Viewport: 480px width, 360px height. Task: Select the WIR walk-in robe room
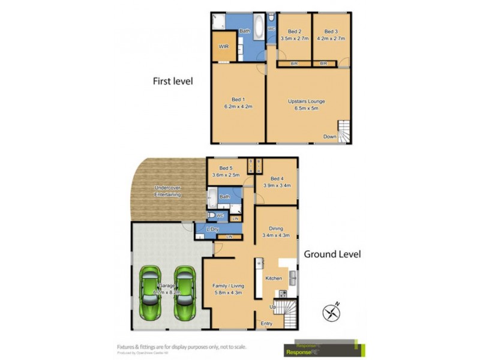223,46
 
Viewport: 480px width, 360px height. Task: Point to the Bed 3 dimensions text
331,39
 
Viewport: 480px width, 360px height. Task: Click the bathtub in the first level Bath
259,28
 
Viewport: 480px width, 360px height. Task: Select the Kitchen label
275,279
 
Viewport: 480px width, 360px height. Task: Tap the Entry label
266,323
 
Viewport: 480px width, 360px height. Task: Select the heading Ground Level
332,254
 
